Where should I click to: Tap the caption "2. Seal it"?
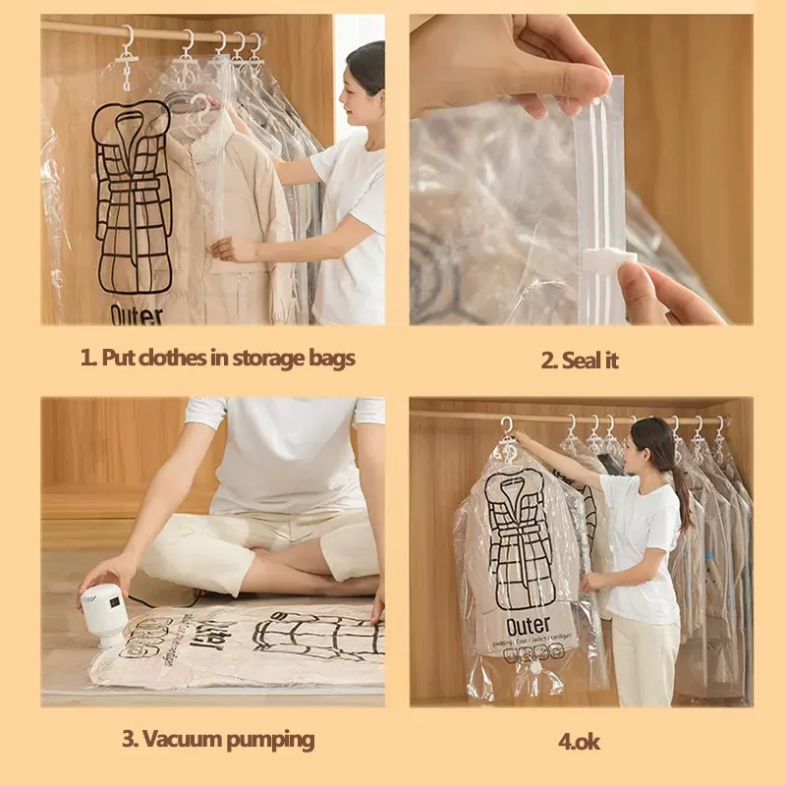tap(580, 360)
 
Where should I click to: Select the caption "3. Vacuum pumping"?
tap(217, 738)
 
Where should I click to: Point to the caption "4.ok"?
tap(580, 741)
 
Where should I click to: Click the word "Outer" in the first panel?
tap(137, 314)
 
